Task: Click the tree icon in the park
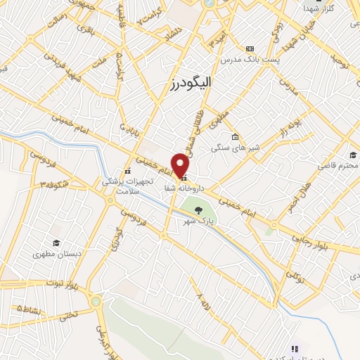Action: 198,210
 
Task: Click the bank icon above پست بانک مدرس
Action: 250,49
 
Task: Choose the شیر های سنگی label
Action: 234,148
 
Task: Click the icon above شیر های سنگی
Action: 235,136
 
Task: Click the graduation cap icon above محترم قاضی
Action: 352,155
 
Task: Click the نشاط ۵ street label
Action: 28,309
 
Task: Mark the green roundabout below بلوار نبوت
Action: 96,302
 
